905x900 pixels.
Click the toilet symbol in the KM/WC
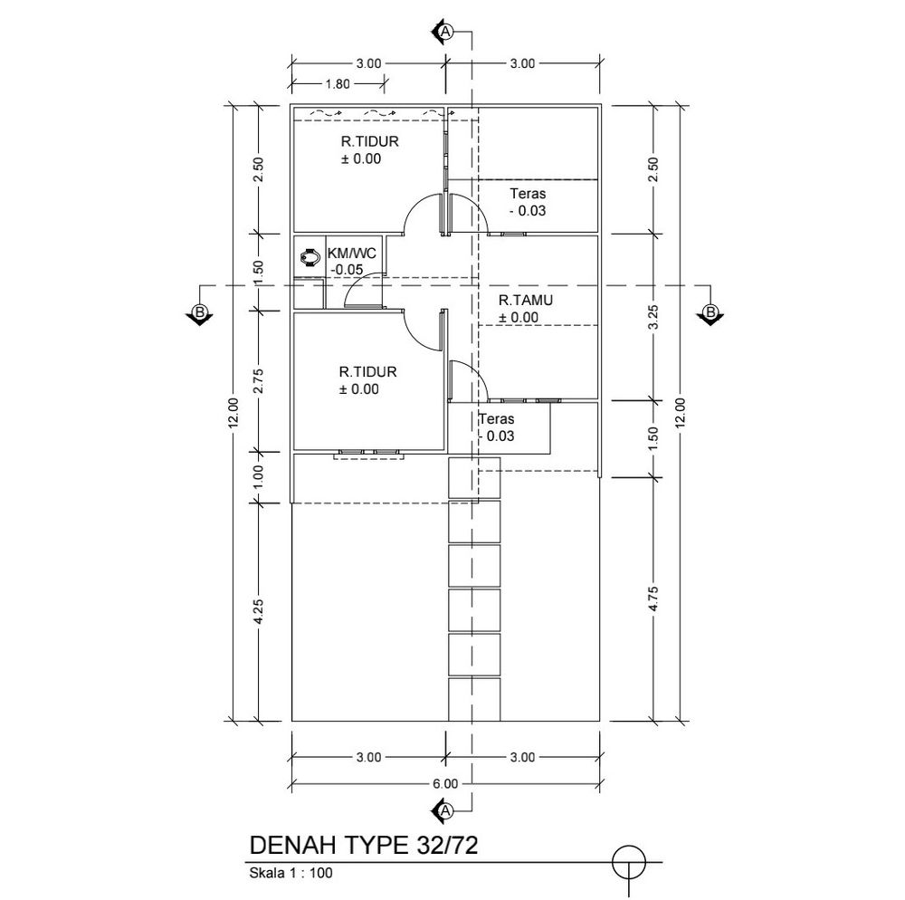[x=311, y=256]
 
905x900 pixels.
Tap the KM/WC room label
[x=351, y=253]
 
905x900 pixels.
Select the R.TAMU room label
[x=526, y=301]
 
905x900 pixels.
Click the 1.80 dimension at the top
[x=338, y=83]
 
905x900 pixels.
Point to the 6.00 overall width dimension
[x=445, y=783]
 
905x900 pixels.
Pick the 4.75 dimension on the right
[x=653, y=598]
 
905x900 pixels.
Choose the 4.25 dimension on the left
[x=258, y=611]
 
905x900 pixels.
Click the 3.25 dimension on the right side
[x=653, y=317]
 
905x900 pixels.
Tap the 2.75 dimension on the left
[x=258, y=380]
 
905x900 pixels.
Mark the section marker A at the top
[x=443, y=33]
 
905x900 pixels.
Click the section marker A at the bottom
[x=443, y=810]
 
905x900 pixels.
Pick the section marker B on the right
[x=710, y=314]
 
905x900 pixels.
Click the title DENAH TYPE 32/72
[x=364, y=845]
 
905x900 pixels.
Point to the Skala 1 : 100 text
[x=291, y=872]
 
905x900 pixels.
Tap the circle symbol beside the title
[x=629, y=863]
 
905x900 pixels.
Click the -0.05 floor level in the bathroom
[x=347, y=270]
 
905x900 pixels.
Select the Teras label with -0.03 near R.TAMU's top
[x=528, y=202]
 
